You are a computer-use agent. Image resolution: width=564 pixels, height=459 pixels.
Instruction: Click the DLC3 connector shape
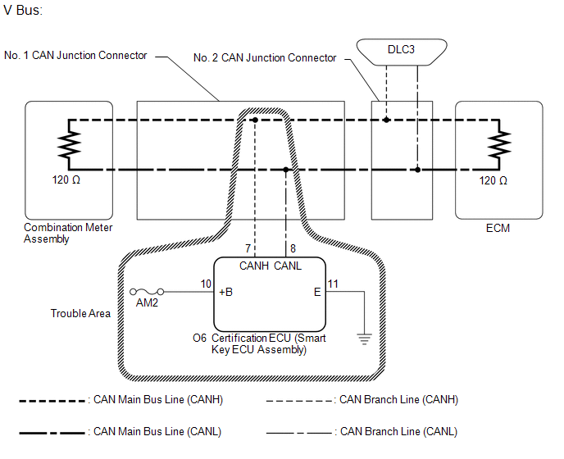coord(402,52)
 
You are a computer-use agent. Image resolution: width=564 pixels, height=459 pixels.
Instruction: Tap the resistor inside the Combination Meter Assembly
coord(69,144)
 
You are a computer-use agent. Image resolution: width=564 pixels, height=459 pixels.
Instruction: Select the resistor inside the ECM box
coord(499,144)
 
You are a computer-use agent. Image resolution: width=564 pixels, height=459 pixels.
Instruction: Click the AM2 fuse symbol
coord(147,291)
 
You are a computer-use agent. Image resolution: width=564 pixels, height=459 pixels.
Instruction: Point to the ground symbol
coord(364,339)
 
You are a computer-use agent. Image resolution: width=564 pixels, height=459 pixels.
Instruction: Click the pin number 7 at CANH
coord(248,248)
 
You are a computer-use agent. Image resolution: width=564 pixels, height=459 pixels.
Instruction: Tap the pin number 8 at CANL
coord(293,248)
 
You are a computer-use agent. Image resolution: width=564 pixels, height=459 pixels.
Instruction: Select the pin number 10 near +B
coord(206,284)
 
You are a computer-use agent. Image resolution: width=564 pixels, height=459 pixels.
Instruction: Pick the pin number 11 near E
coord(333,284)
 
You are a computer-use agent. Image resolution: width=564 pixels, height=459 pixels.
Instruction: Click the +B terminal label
coord(226,292)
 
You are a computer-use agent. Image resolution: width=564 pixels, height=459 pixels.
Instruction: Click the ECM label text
coord(498,228)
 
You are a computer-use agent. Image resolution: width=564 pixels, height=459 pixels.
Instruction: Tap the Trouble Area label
coord(80,313)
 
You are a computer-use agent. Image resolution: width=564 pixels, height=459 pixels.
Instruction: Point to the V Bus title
coord(23,10)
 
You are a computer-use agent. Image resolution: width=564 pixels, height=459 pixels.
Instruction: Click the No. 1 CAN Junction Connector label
coord(75,55)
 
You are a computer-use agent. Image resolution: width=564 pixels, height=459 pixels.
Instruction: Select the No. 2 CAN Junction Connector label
coord(265,57)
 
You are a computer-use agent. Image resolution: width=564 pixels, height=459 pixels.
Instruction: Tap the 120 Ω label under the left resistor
coord(66,180)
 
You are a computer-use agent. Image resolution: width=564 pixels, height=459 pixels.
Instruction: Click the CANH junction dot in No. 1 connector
coord(255,120)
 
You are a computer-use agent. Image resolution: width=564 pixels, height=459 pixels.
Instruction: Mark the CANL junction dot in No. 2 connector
coord(417,170)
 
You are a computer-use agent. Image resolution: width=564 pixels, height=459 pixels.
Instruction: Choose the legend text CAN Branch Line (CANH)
coord(398,400)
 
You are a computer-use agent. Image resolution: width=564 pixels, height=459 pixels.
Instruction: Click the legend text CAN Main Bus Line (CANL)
coord(157,431)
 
